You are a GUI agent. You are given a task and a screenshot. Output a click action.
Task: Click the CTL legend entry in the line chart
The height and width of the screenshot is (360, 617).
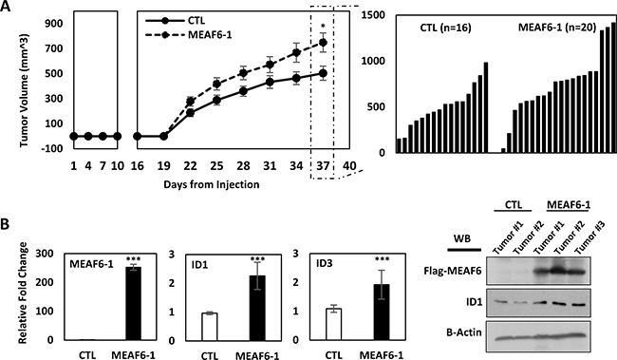[x=175, y=21]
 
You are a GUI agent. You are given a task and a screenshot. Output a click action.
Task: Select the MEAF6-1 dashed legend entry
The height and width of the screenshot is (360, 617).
[x=189, y=34]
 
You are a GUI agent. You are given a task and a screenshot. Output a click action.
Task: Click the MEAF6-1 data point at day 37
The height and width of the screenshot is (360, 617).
[x=323, y=43]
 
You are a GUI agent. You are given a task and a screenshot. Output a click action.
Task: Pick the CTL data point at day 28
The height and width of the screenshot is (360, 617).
[x=243, y=91]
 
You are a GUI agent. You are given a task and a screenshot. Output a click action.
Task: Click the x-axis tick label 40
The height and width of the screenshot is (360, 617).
[x=348, y=166]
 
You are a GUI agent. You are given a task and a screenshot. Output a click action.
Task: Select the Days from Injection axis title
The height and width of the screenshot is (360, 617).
[x=212, y=184]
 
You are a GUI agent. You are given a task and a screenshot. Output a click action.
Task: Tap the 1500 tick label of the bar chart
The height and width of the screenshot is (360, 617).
[x=373, y=15]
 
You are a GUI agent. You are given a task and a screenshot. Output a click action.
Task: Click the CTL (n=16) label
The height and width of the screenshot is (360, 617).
[x=446, y=28]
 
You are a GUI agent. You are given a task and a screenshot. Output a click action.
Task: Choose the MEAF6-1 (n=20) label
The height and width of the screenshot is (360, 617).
[x=557, y=28]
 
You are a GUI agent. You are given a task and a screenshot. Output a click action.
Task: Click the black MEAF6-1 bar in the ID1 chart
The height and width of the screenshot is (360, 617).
[x=257, y=309]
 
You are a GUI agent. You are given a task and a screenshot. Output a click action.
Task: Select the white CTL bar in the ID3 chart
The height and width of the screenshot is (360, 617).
[x=334, y=325]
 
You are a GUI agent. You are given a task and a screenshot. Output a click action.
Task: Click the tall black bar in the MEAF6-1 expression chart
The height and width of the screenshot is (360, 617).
[x=134, y=304]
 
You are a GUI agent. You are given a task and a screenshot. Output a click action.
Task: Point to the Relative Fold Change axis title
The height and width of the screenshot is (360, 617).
[x=24, y=294]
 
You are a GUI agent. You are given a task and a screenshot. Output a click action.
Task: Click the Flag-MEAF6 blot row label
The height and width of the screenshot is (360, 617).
[x=453, y=271]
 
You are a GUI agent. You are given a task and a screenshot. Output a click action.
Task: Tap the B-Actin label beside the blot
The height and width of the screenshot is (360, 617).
[x=464, y=332]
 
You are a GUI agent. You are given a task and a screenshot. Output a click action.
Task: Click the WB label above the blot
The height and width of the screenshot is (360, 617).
[x=462, y=238]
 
